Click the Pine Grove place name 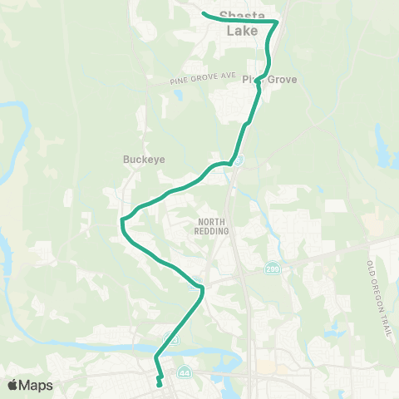point(270,80)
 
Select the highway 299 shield point(273,270)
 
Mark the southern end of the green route point(160,385)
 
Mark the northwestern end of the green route point(204,12)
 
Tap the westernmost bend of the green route point(121,220)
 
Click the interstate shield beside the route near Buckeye point(238,160)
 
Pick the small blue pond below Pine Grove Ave point(176,93)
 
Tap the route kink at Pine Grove point(259,81)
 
